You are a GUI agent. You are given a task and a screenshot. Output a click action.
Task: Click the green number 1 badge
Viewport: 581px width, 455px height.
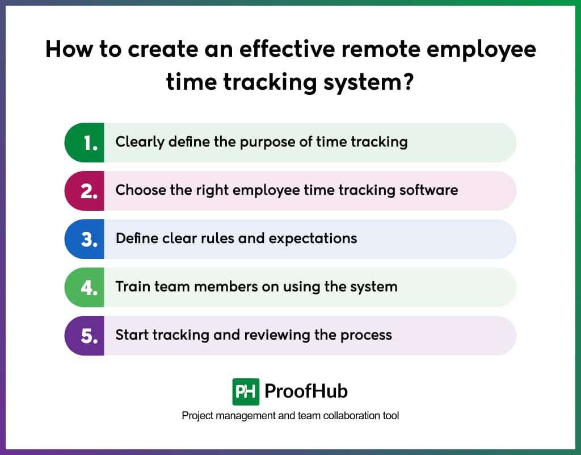[85, 143]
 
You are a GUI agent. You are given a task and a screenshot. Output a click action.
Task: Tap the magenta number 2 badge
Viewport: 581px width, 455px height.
[85, 191]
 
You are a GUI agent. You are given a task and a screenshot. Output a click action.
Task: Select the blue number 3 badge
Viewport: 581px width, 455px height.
[85, 239]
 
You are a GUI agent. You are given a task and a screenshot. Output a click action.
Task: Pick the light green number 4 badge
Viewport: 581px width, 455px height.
[85, 287]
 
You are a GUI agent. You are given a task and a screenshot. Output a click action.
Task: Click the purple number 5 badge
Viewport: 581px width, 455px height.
[85, 336]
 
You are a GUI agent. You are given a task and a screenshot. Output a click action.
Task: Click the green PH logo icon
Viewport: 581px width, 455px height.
[246, 391]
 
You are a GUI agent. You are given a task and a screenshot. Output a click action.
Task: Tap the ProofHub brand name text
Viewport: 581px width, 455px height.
[306, 391]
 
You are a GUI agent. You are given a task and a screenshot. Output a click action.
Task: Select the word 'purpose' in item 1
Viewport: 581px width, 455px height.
[266, 142]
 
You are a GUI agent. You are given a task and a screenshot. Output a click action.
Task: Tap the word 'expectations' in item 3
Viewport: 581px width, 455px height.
[313, 239]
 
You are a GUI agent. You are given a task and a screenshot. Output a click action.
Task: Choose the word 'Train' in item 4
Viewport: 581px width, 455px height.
[133, 286]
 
